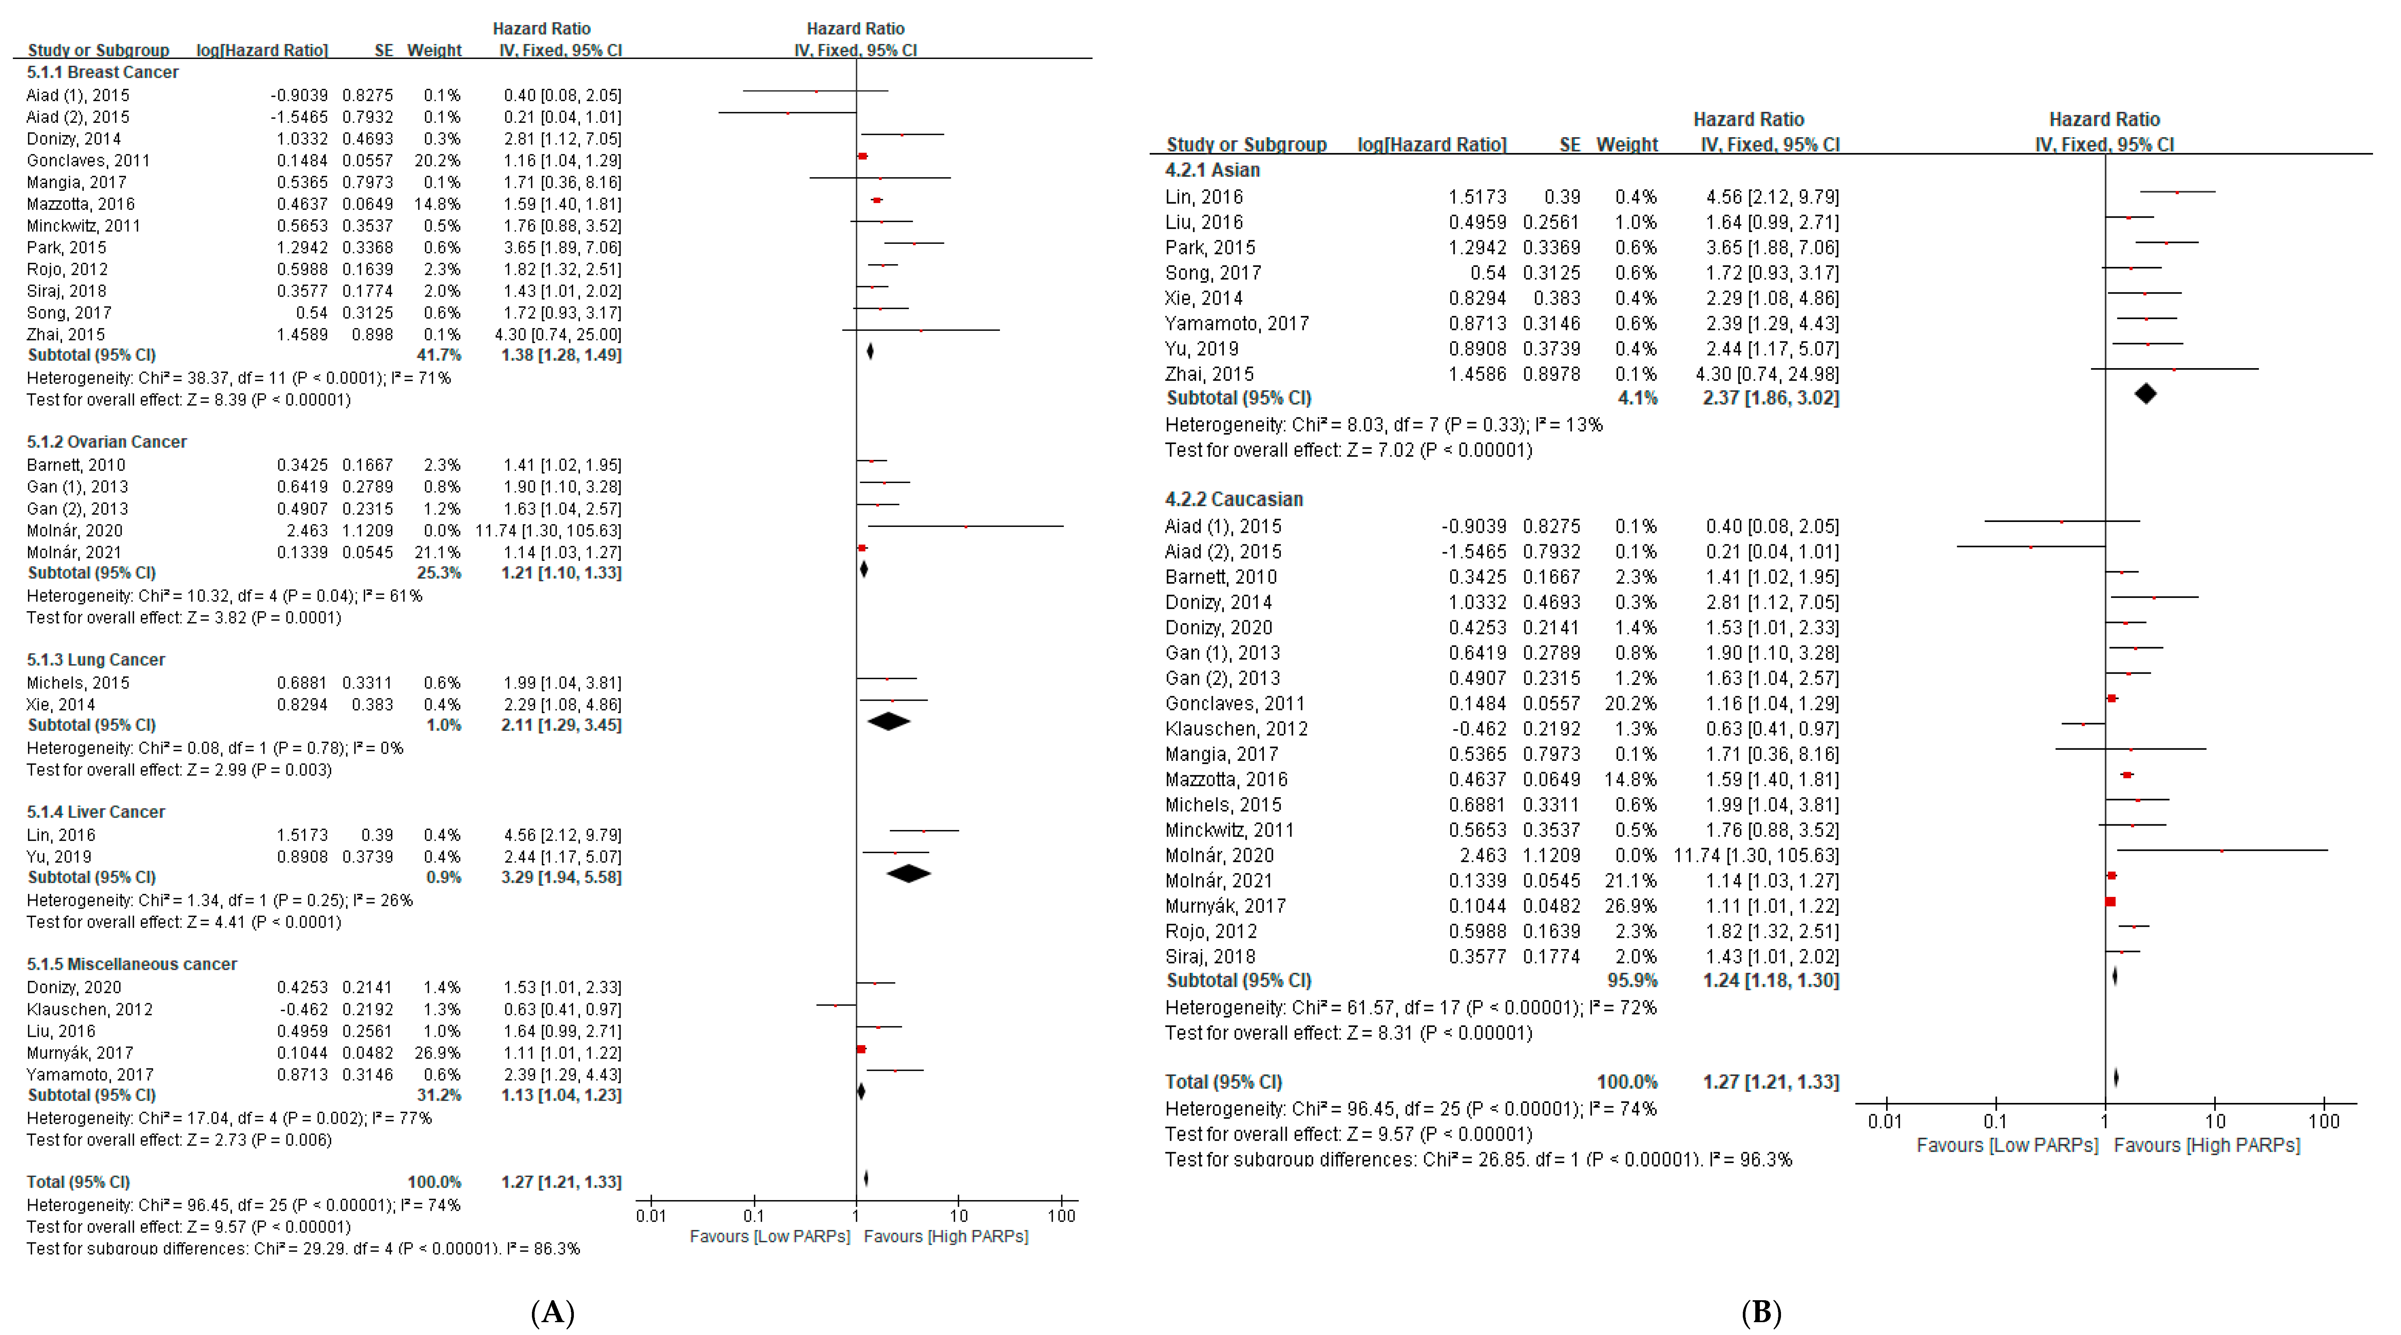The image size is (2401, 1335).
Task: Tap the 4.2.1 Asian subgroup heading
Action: click(x=1212, y=170)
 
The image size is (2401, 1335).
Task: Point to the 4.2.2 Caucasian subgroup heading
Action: click(x=1233, y=499)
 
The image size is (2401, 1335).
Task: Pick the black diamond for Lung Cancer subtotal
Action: click(x=888, y=721)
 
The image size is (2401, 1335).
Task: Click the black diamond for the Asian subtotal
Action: click(x=2145, y=394)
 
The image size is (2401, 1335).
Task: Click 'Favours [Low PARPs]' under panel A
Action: click(x=769, y=1236)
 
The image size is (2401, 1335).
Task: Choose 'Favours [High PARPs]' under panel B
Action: click(x=2206, y=1145)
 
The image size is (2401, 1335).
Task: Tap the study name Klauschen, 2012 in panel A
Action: click(x=90, y=1009)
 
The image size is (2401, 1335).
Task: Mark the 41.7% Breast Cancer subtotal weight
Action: click(x=438, y=355)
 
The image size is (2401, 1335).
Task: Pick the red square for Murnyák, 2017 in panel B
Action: click(x=2110, y=902)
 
